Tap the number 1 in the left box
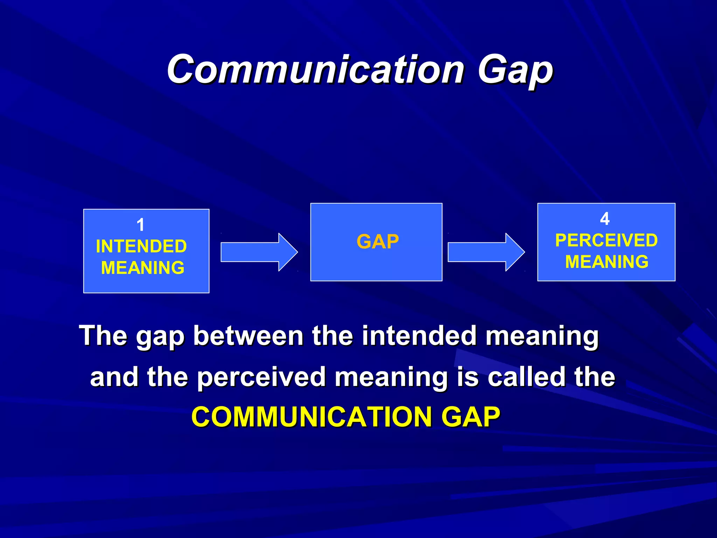[x=140, y=225]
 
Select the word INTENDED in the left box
[x=141, y=246]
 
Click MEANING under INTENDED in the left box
[x=142, y=268]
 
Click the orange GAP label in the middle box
[x=377, y=242]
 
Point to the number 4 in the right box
[x=605, y=219]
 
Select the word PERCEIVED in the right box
[x=606, y=240]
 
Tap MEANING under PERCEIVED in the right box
[x=607, y=262]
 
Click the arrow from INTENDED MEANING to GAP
[x=259, y=252]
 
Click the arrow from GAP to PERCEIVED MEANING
[x=486, y=252]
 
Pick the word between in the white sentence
[x=248, y=336]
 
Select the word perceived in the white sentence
[x=261, y=377]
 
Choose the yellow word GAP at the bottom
[x=471, y=417]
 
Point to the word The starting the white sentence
[x=103, y=336]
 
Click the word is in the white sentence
[x=468, y=377]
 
